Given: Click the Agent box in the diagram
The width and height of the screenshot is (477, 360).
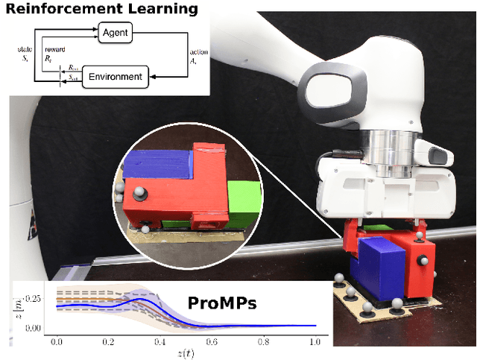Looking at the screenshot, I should coord(119,32).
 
